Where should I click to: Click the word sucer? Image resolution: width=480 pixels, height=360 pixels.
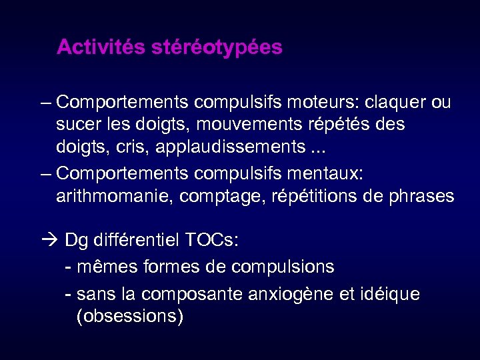tap(77, 124)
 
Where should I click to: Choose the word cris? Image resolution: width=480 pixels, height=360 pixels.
tap(131, 145)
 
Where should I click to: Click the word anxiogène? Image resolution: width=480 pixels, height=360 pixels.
tap(293, 294)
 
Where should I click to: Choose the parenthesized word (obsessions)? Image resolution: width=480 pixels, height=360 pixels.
tap(130, 316)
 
